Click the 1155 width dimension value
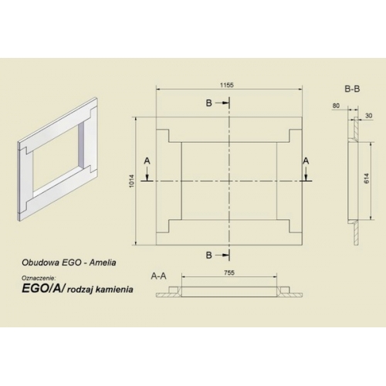click(x=227, y=85)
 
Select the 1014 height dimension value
click(x=132, y=181)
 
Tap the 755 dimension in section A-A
click(x=229, y=273)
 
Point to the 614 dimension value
click(x=367, y=178)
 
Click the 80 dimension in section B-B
click(x=336, y=106)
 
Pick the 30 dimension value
click(x=369, y=116)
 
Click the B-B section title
click(x=352, y=89)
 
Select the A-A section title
click(x=158, y=276)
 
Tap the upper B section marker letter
click(x=209, y=103)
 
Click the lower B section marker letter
click(x=209, y=255)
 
